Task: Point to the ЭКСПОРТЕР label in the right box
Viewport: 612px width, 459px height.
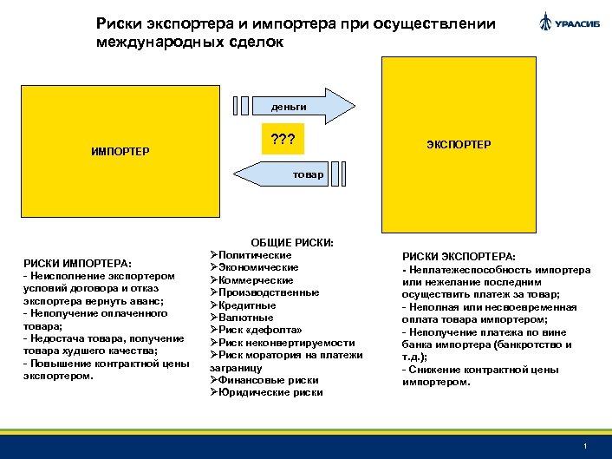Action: [458, 144]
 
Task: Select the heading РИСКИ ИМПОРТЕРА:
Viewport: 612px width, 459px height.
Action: [78, 263]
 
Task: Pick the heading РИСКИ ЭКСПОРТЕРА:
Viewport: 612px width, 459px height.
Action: [459, 257]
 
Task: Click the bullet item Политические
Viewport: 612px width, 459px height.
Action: [255, 255]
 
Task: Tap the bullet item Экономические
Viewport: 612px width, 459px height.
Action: [258, 267]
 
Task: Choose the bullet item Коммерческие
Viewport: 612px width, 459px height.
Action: [256, 280]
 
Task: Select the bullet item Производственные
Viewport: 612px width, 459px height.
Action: [264, 292]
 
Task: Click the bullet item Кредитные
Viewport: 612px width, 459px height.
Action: [247, 305]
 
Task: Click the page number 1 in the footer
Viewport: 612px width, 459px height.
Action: [587, 446]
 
